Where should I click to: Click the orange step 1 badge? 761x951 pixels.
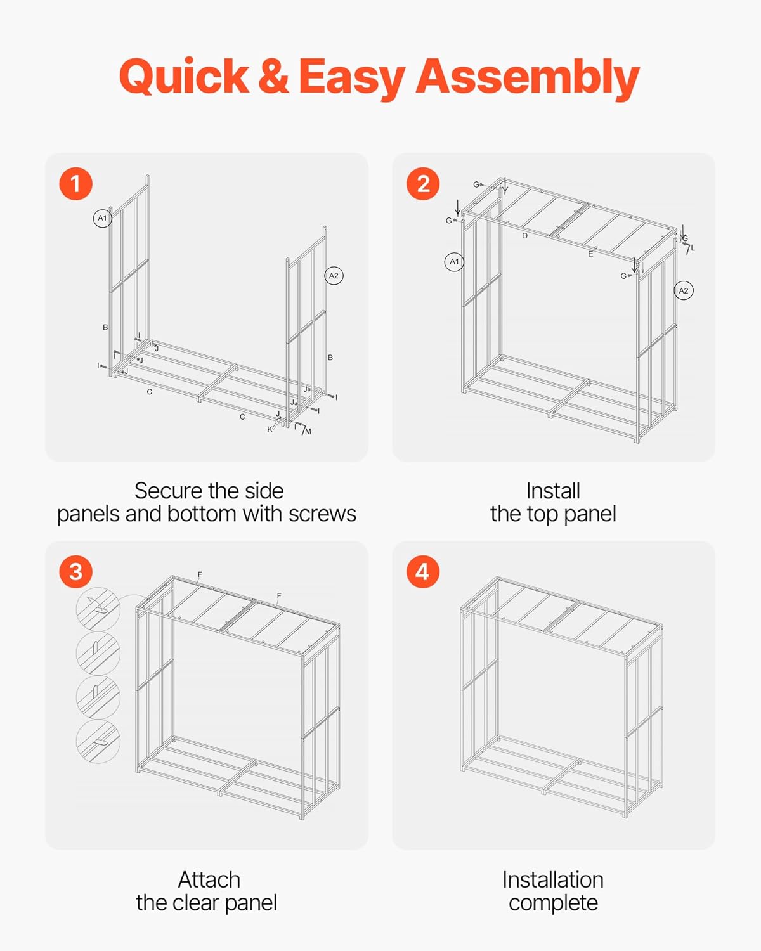tap(75, 184)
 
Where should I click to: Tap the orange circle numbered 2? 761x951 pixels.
tap(422, 184)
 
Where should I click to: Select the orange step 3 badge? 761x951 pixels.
tap(75, 572)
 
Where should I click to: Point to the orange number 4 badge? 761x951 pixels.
tap(422, 572)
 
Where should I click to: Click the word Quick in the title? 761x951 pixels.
tap(184, 77)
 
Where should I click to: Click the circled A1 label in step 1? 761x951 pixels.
tap(102, 218)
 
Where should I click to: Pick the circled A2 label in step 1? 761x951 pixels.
tap(334, 276)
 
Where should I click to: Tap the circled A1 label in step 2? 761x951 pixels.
tap(454, 261)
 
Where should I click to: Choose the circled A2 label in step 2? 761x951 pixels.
tap(683, 290)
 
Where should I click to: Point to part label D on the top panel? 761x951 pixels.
tap(524, 236)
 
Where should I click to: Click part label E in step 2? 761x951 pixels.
tap(590, 254)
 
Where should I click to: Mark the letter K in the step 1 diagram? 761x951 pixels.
tap(270, 429)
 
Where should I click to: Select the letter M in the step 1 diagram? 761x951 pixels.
tap(308, 432)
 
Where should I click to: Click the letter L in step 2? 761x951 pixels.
tap(693, 248)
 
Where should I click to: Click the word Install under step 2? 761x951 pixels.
tap(553, 491)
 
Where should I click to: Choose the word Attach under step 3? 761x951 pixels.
tap(209, 879)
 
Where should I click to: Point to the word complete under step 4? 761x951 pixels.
tap(553, 903)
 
